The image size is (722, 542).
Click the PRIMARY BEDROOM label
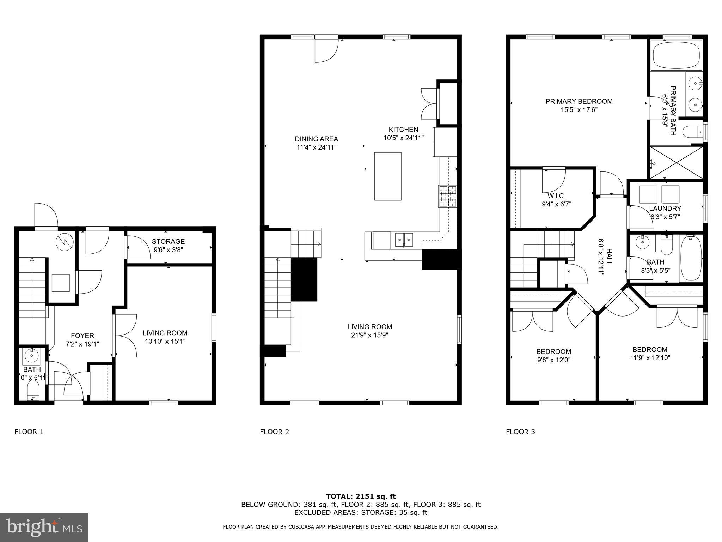pyautogui.click(x=579, y=101)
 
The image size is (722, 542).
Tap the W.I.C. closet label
pyautogui.click(x=557, y=196)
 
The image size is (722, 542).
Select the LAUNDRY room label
pyautogui.click(x=665, y=209)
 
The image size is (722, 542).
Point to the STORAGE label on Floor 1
pyautogui.click(x=168, y=241)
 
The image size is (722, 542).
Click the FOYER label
pyautogui.click(x=82, y=336)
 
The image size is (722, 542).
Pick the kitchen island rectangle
pyautogui.click(x=388, y=176)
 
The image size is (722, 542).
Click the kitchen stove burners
pyautogui.click(x=448, y=197)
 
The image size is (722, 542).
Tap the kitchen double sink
pyautogui.click(x=404, y=240)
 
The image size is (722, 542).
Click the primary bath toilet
pyautogui.click(x=693, y=132)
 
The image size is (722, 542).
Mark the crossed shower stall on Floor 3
pyautogui.click(x=676, y=163)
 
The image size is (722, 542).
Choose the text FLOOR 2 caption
pyautogui.click(x=274, y=432)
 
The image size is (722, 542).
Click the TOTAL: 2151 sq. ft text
pyautogui.click(x=361, y=496)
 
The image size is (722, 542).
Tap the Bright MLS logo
pyautogui.click(x=44, y=528)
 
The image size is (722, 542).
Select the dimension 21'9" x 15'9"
pyautogui.click(x=369, y=335)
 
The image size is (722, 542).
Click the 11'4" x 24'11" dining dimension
pyautogui.click(x=316, y=147)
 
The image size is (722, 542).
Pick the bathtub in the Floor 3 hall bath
pyautogui.click(x=691, y=258)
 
